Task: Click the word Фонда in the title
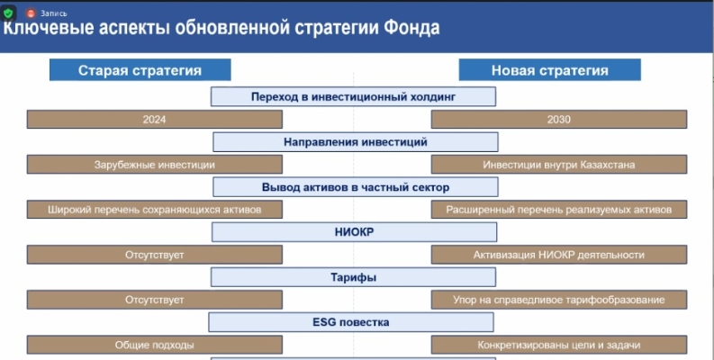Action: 411,28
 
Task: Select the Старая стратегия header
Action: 140,70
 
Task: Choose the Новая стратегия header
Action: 549,70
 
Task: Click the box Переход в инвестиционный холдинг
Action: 353,97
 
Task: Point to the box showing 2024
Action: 154,119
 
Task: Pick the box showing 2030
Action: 559,119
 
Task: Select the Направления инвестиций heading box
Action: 356,142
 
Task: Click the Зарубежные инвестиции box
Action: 154,165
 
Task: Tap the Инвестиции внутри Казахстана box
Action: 559,165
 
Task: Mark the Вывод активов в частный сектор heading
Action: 356,187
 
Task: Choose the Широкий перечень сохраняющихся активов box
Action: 154,210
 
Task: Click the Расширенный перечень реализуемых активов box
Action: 559,210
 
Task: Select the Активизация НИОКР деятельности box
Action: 559,255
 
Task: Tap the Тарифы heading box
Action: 353,277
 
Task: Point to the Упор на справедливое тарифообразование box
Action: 559,300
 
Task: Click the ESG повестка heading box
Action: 351,322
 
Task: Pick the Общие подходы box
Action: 154,345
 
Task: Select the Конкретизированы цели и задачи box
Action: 559,345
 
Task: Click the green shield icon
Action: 8,13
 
